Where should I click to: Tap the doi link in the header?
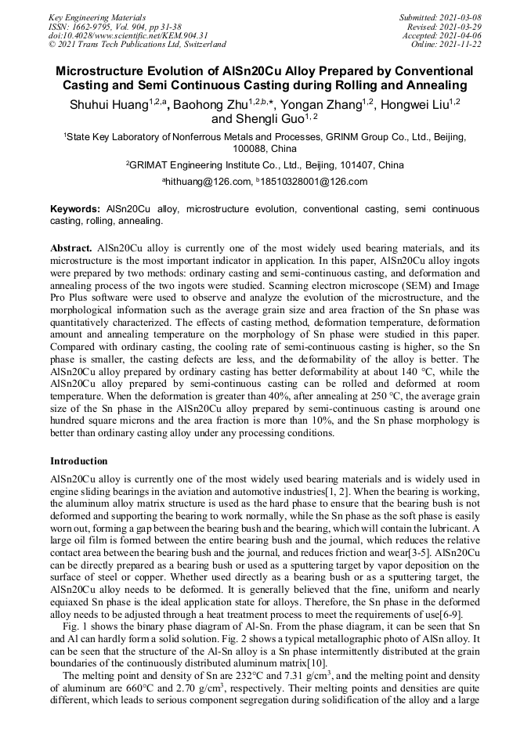pyautogui.click(x=128, y=35)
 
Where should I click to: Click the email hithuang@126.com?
pyautogui.click(x=208, y=182)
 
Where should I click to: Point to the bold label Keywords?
pyautogui.click(x=75, y=210)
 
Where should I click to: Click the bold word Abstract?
pyautogui.click(x=70, y=247)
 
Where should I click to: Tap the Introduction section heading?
pyautogui.click(x=79, y=461)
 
